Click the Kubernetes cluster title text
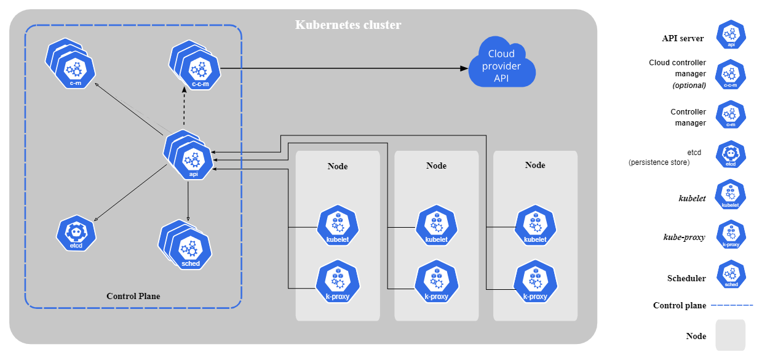pyautogui.click(x=348, y=25)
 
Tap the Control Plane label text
pyautogui.click(x=133, y=296)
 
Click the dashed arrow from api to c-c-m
pyautogui.click(x=184, y=108)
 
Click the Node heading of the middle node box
pyautogui.click(x=436, y=166)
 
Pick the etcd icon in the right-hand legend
pyautogui.click(x=731, y=154)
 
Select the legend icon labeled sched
pyautogui.click(x=731, y=275)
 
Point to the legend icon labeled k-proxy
pyautogui.click(x=731, y=235)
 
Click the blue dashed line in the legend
pyautogui.click(x=731, y=305)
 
